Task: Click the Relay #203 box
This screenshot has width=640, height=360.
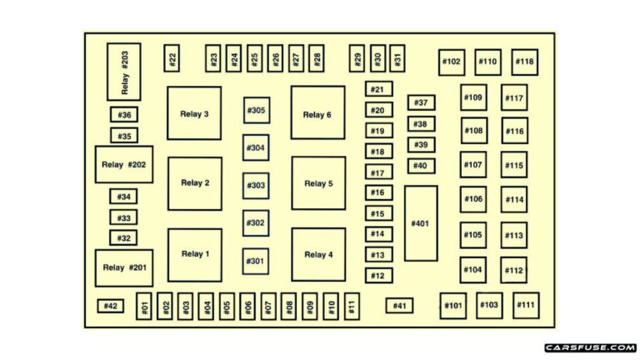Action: click(x=124, y=72)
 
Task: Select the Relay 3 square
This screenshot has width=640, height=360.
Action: click(x=194, y=113)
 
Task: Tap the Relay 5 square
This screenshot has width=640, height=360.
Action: click(x=318, y=183)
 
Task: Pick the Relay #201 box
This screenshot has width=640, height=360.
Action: click(x=124, y=267)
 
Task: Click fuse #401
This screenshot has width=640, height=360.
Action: click(x=421, y=223)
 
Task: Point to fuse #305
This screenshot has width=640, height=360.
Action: click(x=257, y=110)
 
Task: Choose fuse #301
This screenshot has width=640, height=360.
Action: click(x=256, y=261)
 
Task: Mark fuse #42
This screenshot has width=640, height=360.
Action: click(x=110, y=306)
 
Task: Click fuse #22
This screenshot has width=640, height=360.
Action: click(x=172, y=58)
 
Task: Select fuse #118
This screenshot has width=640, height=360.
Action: click(x=524, y=62)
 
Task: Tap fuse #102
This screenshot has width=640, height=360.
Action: click(x=452, y=62)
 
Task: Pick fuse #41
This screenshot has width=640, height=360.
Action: click(x=399, y=306)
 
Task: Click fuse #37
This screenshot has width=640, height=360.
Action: click(x=421, y=102)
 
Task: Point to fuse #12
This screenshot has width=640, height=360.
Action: click(x=379, y=276)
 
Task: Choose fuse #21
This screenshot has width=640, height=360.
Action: click(x=379, y=89)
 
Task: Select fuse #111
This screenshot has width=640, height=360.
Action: click(x=526, y=305)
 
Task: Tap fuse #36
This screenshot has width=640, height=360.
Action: click(x=124, y=115)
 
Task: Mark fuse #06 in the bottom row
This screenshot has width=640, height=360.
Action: click(x=247, y=306)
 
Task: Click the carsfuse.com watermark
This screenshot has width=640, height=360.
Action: click(x=590, y=347)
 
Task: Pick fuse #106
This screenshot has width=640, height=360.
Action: click(x=473, y=199)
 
